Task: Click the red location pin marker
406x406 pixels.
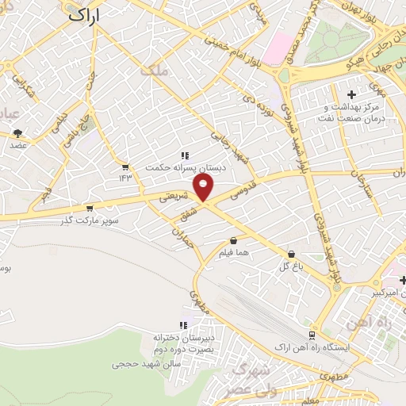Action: [x=205, y=188]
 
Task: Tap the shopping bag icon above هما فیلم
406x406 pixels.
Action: [x=233, y=241]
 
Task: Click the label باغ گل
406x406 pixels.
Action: [x=292, y=267]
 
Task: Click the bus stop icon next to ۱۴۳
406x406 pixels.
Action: [x=125, y=167]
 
